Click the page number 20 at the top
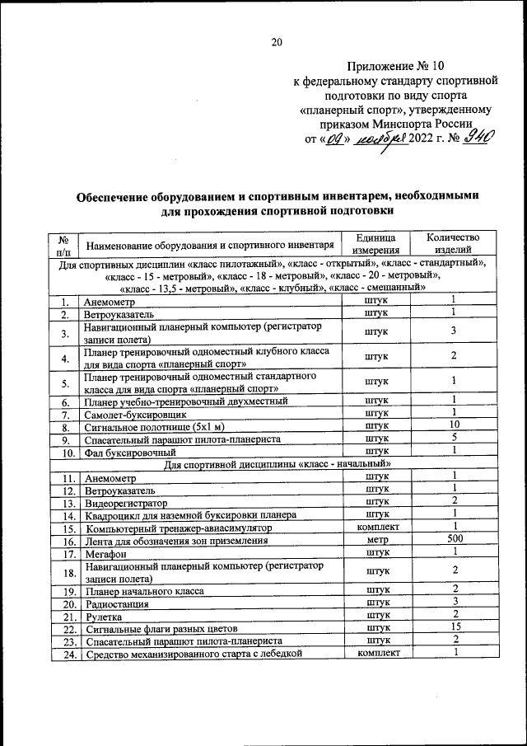pos(276,43)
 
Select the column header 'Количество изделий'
pos(453,244)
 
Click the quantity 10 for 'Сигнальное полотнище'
pos(453,425)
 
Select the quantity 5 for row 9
pos(453,439)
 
